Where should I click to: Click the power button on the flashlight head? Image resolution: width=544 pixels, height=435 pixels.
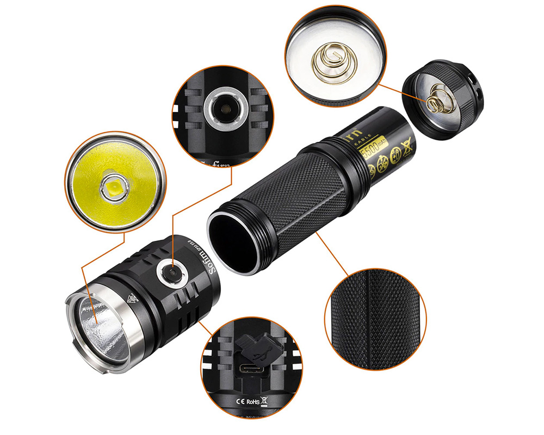(169, 270)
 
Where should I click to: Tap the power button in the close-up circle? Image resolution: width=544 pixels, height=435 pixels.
(223, 110)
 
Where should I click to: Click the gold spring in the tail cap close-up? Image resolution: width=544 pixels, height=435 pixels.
(332, 58)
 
